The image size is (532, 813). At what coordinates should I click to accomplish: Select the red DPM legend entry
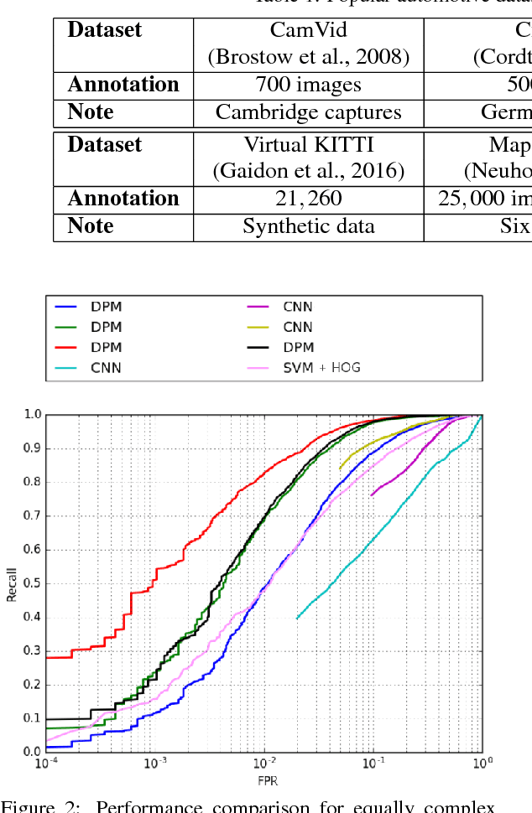106,347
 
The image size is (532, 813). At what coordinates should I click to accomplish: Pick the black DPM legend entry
297,347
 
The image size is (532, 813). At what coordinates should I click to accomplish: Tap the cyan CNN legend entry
106,367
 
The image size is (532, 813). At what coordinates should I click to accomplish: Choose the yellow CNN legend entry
297,327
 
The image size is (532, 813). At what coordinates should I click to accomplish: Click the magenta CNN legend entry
297,307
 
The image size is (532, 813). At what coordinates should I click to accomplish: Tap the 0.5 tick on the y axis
33,583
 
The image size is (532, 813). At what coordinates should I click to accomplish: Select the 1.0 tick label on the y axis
33,414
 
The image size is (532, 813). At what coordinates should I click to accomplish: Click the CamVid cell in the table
309,31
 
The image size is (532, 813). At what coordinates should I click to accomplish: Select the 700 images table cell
309,85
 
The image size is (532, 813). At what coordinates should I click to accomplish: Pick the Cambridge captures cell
309,112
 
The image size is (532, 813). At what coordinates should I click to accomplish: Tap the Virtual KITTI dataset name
309,145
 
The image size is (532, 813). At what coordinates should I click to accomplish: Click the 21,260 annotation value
309,199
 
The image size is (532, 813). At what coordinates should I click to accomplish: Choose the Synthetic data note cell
309,226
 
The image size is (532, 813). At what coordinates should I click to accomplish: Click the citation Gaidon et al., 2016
309,171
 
